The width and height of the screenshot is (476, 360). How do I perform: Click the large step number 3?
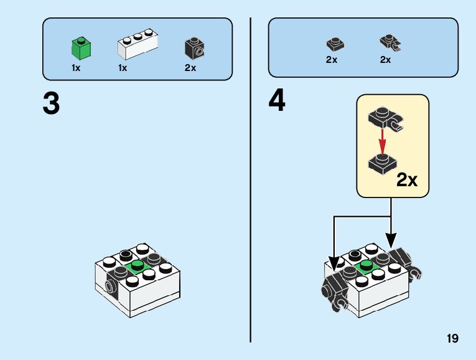pyautogui.click(x=52, y=104)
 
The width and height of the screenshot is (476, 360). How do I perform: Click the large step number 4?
pyautogui.click(x=278, y=101)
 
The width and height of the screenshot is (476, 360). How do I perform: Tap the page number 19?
pyautogui.click(x=452, y=339)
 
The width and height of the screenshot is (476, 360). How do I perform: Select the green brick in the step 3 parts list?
pyautogui.click(x=80, y=47)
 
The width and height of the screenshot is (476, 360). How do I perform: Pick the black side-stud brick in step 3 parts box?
pyautogui.click(x=194, y=48)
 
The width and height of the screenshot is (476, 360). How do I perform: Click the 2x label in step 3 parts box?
pyautogui.click(x=190, y=68)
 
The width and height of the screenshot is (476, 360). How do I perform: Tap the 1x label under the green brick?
pyautogui.click(x=76, y=68)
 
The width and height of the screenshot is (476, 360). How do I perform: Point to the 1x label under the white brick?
pyautogui.click(x=123, y=68)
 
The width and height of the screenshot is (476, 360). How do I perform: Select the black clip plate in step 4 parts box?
pyautogui.click(x=389, y=43)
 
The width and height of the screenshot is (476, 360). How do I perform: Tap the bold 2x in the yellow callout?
pyautogui.click(x=408, y=180)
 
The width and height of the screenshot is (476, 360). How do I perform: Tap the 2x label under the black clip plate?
pyautogui.click(x=385, y=60)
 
